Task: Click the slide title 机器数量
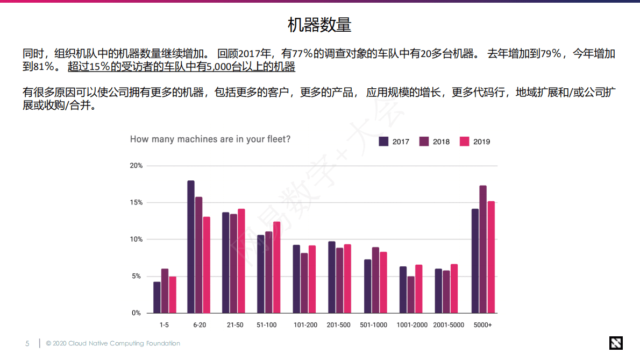[319, 25]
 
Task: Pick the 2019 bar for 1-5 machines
[173, 294]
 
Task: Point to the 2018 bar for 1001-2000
[411, 294]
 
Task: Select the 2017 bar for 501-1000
[368, 286]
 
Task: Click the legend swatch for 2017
[384, 142]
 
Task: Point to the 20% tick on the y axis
[136, 166]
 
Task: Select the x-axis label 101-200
[304, 325]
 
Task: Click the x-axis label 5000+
[482, 325]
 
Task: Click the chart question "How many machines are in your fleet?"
[210, 139]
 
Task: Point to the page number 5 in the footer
[27, 343]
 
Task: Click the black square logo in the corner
[615, 343]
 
